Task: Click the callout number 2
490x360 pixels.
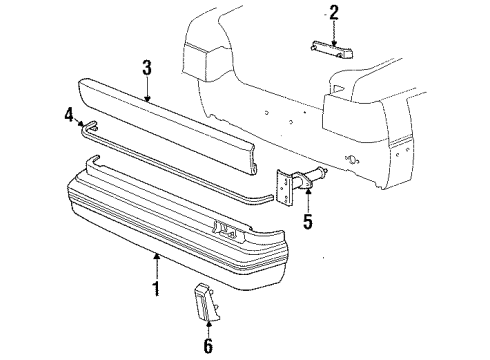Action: tap(334, 12)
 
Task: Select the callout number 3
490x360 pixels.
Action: tap(146, 69)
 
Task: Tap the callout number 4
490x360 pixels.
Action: tap(69, 116)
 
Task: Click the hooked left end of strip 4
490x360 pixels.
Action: tap(88, 126)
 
